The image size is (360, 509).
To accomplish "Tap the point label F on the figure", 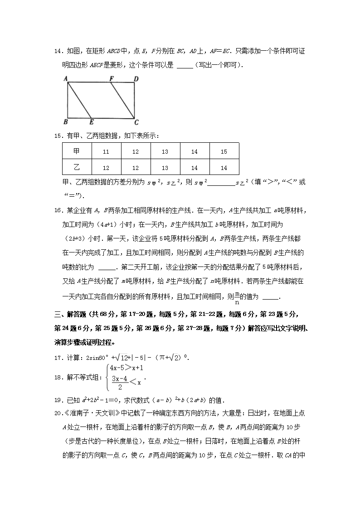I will (x=111, y=78).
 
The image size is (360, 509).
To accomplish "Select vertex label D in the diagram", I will (x=136, y=79).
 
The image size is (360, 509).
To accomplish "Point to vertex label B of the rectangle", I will (x=66, y=121).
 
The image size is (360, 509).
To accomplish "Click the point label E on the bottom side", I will (x=91, y=122).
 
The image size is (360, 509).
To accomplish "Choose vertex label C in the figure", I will (x=136, y=122).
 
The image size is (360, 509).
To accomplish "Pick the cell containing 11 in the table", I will (x=106, y=152).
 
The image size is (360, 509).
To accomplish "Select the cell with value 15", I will (x=224, y=152).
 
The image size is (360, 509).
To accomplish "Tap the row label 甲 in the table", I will (x=77, y=152).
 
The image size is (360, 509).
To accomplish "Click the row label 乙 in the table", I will (x=77, y=168).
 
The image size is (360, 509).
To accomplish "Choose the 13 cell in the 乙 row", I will (x=165, y=168).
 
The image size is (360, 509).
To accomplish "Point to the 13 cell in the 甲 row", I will (x=165, y=152).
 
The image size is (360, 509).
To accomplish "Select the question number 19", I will (x=58, y=400).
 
